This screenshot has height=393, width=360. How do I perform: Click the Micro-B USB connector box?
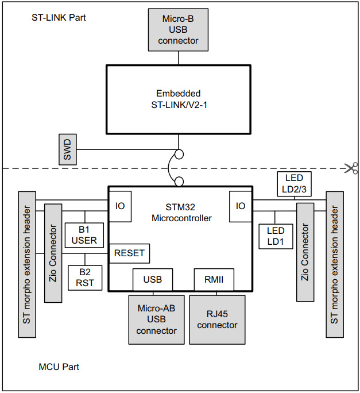click(x=178, y=29)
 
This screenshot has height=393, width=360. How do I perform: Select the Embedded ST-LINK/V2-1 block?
click(x=178, y=99)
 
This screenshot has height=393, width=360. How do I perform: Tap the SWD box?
click(x=67, y=149)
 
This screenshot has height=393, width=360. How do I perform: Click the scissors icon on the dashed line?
click(x=350, y=168)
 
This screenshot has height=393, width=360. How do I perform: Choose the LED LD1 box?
click(x=276, y=236)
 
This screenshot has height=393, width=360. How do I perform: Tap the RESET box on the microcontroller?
click(x=129, y=253)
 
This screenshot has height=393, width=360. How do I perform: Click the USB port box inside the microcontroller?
click(x=152, y=280)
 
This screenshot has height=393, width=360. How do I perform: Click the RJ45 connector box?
click(x=217, y=319)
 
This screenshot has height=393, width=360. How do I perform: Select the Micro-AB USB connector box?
click(x=157, y=319)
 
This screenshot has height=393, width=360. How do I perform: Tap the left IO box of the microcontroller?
click(x=120, y=206)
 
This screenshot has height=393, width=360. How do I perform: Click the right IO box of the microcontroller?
click(x=241, y=206)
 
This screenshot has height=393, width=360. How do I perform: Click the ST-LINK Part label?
click(x=59, y=17)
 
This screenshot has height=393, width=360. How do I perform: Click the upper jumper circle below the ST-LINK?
click(x=179, y=154)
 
